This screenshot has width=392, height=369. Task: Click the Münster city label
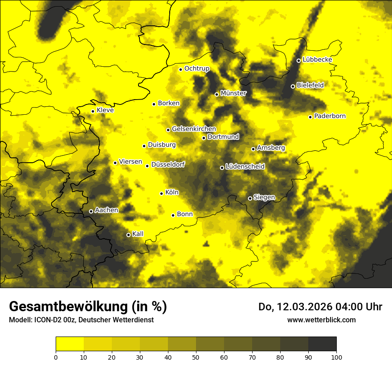coord(233,93)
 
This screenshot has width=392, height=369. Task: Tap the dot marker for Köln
coord(162,193)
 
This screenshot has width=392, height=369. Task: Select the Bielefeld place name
coord(310,85)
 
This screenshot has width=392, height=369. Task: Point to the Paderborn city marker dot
coord(310,117)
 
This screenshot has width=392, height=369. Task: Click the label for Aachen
coord(106,210)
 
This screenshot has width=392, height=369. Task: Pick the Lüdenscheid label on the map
coord(245,167)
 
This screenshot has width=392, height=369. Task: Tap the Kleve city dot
coord(93,111)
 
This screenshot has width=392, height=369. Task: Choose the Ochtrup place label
coord(196,68)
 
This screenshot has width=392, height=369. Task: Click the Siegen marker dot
coord(250,198)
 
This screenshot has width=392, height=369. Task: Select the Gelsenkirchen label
coord(194,129)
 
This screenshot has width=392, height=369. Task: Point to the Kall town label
coord(138,234)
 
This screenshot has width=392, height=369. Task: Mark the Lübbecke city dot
coord(298,60)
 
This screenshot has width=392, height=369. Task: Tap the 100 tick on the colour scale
coord(336,357)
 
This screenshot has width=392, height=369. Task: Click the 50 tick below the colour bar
coord(196,357)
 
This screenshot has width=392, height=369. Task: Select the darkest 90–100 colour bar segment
coord(322,344)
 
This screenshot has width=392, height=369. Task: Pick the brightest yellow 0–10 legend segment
coord(70,344)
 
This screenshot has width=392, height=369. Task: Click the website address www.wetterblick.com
coord(321,320)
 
